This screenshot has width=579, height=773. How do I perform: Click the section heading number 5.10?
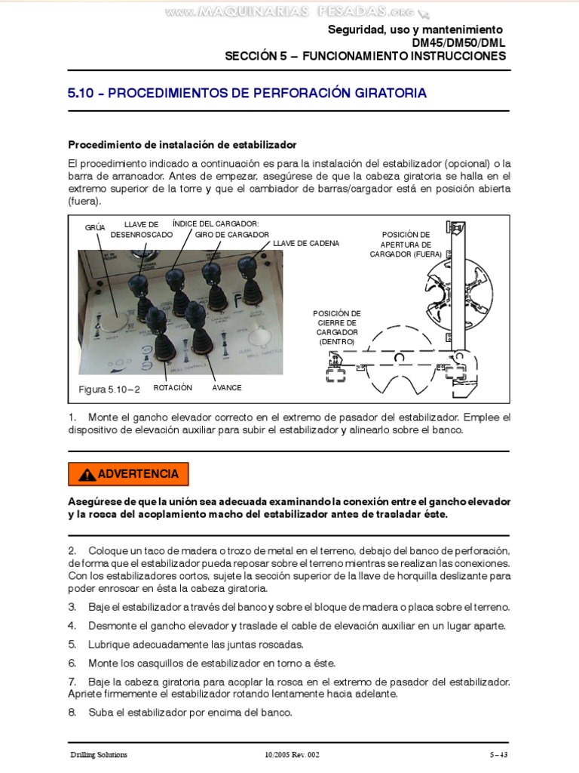pos(83,94)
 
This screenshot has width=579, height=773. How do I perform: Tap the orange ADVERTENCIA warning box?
pos(128,474)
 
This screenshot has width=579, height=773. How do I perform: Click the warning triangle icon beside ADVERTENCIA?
pos(87,475)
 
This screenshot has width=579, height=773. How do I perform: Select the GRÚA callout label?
pos(95,226)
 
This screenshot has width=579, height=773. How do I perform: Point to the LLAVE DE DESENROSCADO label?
pos(141,229)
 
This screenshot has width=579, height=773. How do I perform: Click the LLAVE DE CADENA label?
pos(306,243)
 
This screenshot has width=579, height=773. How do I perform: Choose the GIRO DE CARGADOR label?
pos(232,235)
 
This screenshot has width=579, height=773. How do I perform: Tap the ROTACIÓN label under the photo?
pos(173,387)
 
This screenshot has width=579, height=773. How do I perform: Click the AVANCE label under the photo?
pos(226,387)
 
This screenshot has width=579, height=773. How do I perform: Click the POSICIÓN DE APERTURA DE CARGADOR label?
pos(406,245)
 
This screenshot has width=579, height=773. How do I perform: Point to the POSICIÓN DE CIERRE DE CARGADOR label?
pos(336,328)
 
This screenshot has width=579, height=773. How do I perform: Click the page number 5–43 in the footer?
pos(499,754)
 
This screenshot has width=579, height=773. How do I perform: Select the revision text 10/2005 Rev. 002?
pos(293,754)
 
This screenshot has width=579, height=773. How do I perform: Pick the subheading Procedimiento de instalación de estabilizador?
pos(182,144)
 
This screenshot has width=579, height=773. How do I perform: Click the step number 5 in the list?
pos(72,644)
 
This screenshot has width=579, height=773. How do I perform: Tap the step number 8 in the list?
pos(72,712)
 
